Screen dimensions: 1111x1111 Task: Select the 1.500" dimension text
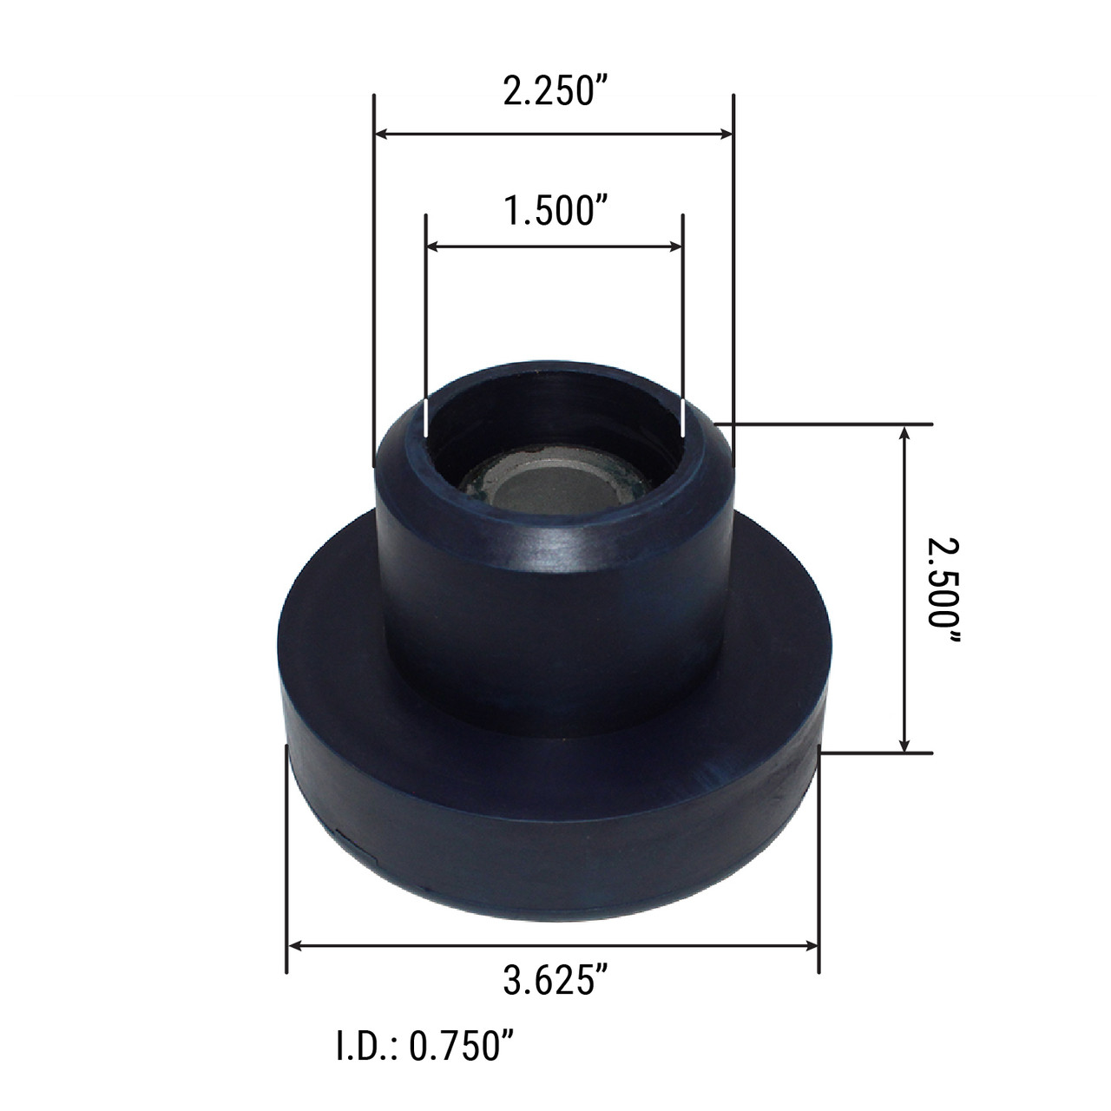(x=553, y=211)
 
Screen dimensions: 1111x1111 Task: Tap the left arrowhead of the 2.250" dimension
(x=380, y=134)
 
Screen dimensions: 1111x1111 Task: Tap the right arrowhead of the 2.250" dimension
(x=727, y=134)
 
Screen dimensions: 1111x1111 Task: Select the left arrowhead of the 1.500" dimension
(x=432, y=247)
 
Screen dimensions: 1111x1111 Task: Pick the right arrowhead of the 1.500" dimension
(x=677, y=247)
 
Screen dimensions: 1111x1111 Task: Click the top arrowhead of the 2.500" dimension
(x=906, y=431)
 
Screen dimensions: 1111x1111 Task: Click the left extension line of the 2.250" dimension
(x=373, y=260)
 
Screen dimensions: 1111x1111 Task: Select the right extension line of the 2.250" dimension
(x=733, y=260)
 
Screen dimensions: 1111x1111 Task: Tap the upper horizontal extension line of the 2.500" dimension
(x=833, y=424)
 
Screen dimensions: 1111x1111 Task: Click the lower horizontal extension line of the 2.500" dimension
(x=877, y=753)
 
